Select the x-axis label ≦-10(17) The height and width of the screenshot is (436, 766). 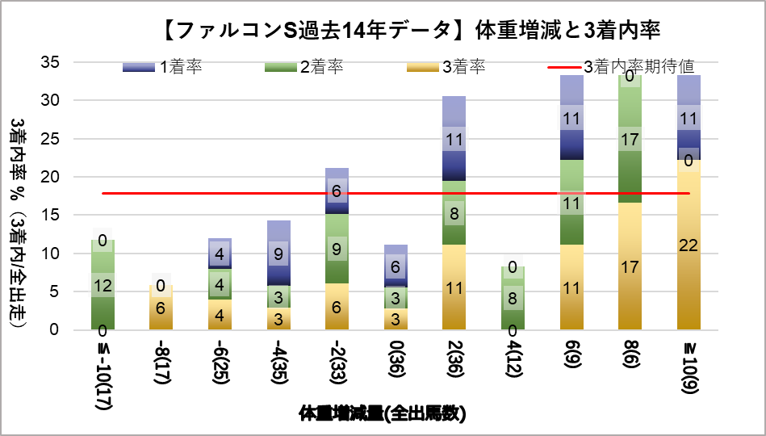(x=103, y=376)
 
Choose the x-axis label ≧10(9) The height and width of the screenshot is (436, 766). (x=689, y=368)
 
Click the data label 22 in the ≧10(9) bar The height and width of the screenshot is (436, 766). (x=689, y=245)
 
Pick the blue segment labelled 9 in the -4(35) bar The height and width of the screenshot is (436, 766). (x=278, y=254)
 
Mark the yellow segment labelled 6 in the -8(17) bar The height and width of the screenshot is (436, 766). (x=161, y=307)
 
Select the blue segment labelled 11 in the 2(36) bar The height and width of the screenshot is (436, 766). (x=454, y=139)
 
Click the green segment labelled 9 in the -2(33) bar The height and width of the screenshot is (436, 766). (x=337, y=249)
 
